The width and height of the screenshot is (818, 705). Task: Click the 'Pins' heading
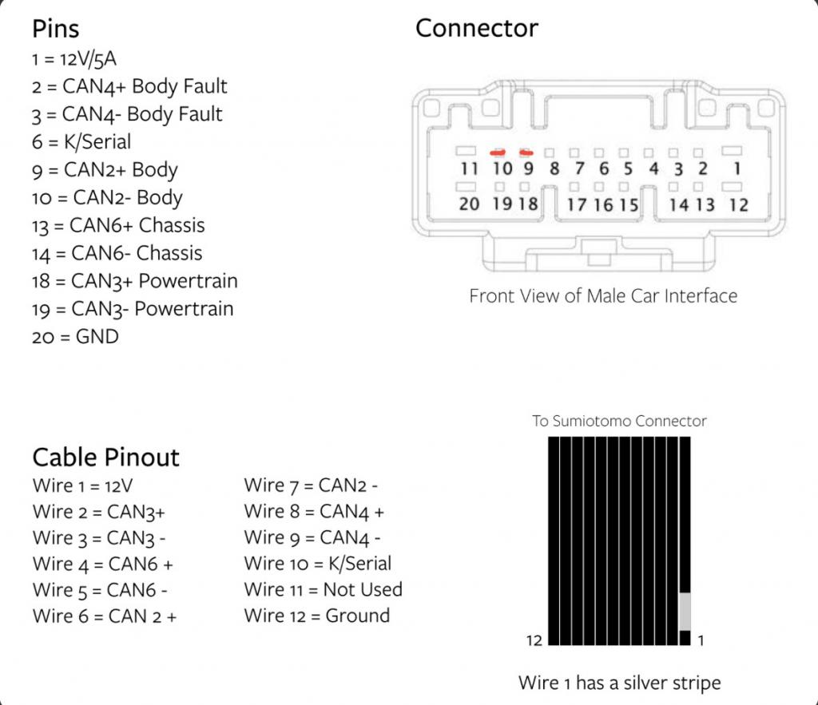[55, 30]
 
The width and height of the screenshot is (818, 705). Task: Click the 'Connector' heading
[476, 29]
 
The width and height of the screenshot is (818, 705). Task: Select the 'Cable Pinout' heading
[105, 457]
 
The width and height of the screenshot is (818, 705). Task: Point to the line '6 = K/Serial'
[81, 142]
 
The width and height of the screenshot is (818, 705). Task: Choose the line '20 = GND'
[75, 336]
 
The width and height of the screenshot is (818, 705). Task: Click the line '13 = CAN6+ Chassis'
[118, 225]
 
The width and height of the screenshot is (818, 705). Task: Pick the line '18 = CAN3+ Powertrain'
[135, 281]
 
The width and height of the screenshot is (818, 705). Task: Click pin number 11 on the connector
[469, 168]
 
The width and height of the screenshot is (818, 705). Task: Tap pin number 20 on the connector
[469, 204]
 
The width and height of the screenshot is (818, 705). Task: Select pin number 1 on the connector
[737, 168]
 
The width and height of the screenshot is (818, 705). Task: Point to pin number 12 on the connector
[738, 204]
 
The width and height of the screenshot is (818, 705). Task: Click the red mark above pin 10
[499, 151]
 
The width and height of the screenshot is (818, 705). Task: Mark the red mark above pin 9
[526, 151]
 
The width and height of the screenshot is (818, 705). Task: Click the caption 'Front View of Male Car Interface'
[603, 296]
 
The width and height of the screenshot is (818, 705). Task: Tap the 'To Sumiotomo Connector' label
[619, 421]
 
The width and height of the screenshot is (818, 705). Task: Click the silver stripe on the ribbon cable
[684, 611]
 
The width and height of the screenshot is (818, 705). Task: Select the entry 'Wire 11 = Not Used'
[324, 590]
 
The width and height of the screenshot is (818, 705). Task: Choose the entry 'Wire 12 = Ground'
[317, 616]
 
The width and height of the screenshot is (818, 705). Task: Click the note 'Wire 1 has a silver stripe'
[619, 683]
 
